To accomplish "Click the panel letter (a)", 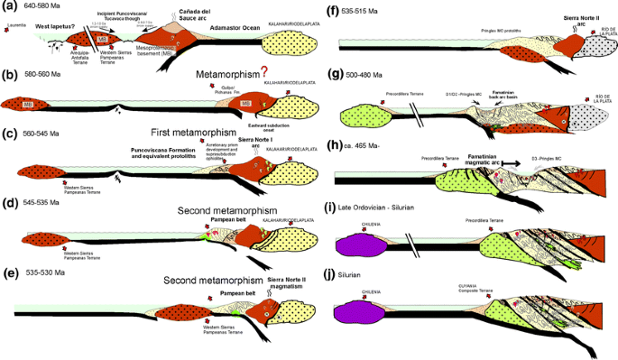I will coord(11,9).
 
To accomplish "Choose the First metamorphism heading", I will coord(206,131).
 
